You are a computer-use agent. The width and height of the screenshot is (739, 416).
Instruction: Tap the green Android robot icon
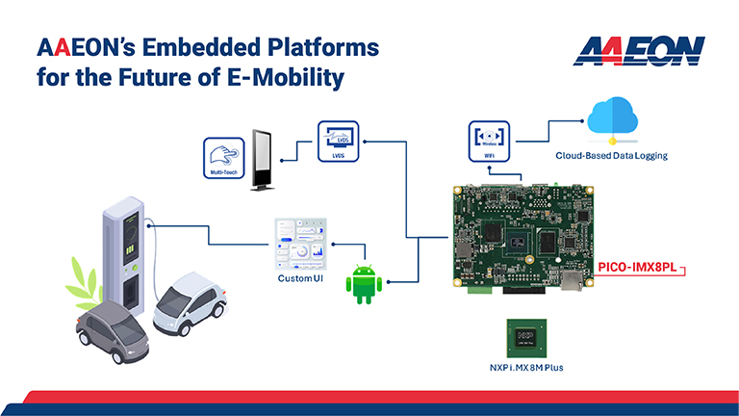[365, 284]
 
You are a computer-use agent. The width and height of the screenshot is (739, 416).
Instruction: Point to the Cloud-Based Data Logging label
[610, 155]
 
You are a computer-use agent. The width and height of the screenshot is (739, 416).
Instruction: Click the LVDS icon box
[338, 141]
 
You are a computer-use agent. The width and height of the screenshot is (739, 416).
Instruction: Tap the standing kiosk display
[263, 160]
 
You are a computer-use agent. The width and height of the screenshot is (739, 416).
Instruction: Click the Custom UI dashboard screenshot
[301, 245]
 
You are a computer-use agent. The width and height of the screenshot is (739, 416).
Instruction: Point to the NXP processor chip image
[525, 337]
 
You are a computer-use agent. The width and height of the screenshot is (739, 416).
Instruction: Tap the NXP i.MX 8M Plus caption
[525, 370]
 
